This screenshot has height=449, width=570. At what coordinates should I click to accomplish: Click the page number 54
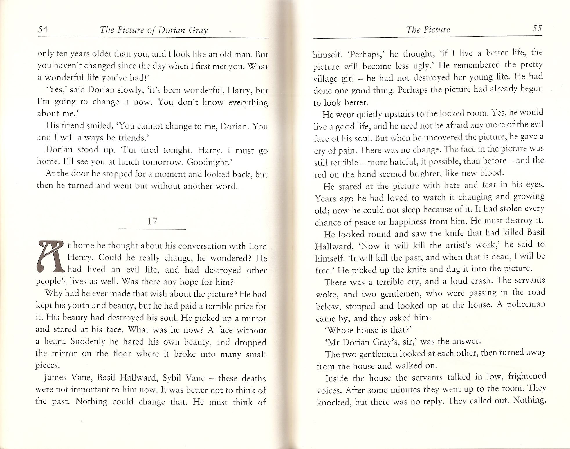coord(43,29)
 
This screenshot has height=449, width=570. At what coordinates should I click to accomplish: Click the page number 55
coord(537,28)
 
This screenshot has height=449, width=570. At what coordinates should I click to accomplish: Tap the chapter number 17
coord(152,221)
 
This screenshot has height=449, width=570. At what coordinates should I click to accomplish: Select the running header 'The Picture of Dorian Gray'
coord(154,30)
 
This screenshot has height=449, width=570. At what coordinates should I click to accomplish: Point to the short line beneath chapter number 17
coord(152,229)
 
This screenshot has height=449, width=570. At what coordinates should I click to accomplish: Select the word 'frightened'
coord(527,376)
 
